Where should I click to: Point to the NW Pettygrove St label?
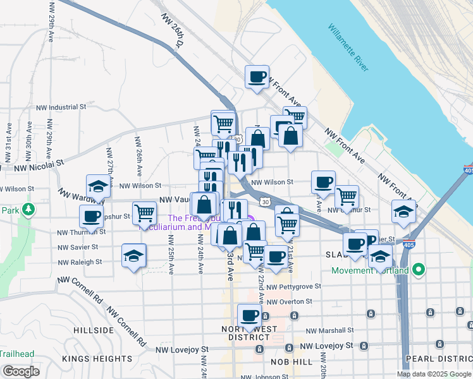pyautogui.click(x=294, y=287)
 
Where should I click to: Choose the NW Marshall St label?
pyautogui.click(x=329, y=330)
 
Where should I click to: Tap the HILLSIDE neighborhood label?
pyautogui.click(x=93, y=330)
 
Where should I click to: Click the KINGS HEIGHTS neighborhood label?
pyautogui.click(x=97, y=359)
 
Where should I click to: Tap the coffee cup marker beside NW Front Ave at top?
pyautogui.click(x=257, y=77)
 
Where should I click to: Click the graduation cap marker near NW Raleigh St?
pyautogui.click(x=134, y=256)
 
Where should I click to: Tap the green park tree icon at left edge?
pyautogui.click(x=28, y=208)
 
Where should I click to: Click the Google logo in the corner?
pyautogui.click(x=21, y=371)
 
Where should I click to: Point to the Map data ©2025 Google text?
pyautogui.click(x=434, y=374)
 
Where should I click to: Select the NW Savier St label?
pyautogui.click(x=80, y=248)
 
